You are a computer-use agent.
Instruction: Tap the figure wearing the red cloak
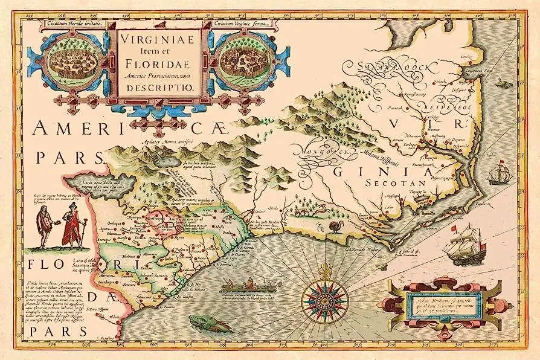(73, 225)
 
